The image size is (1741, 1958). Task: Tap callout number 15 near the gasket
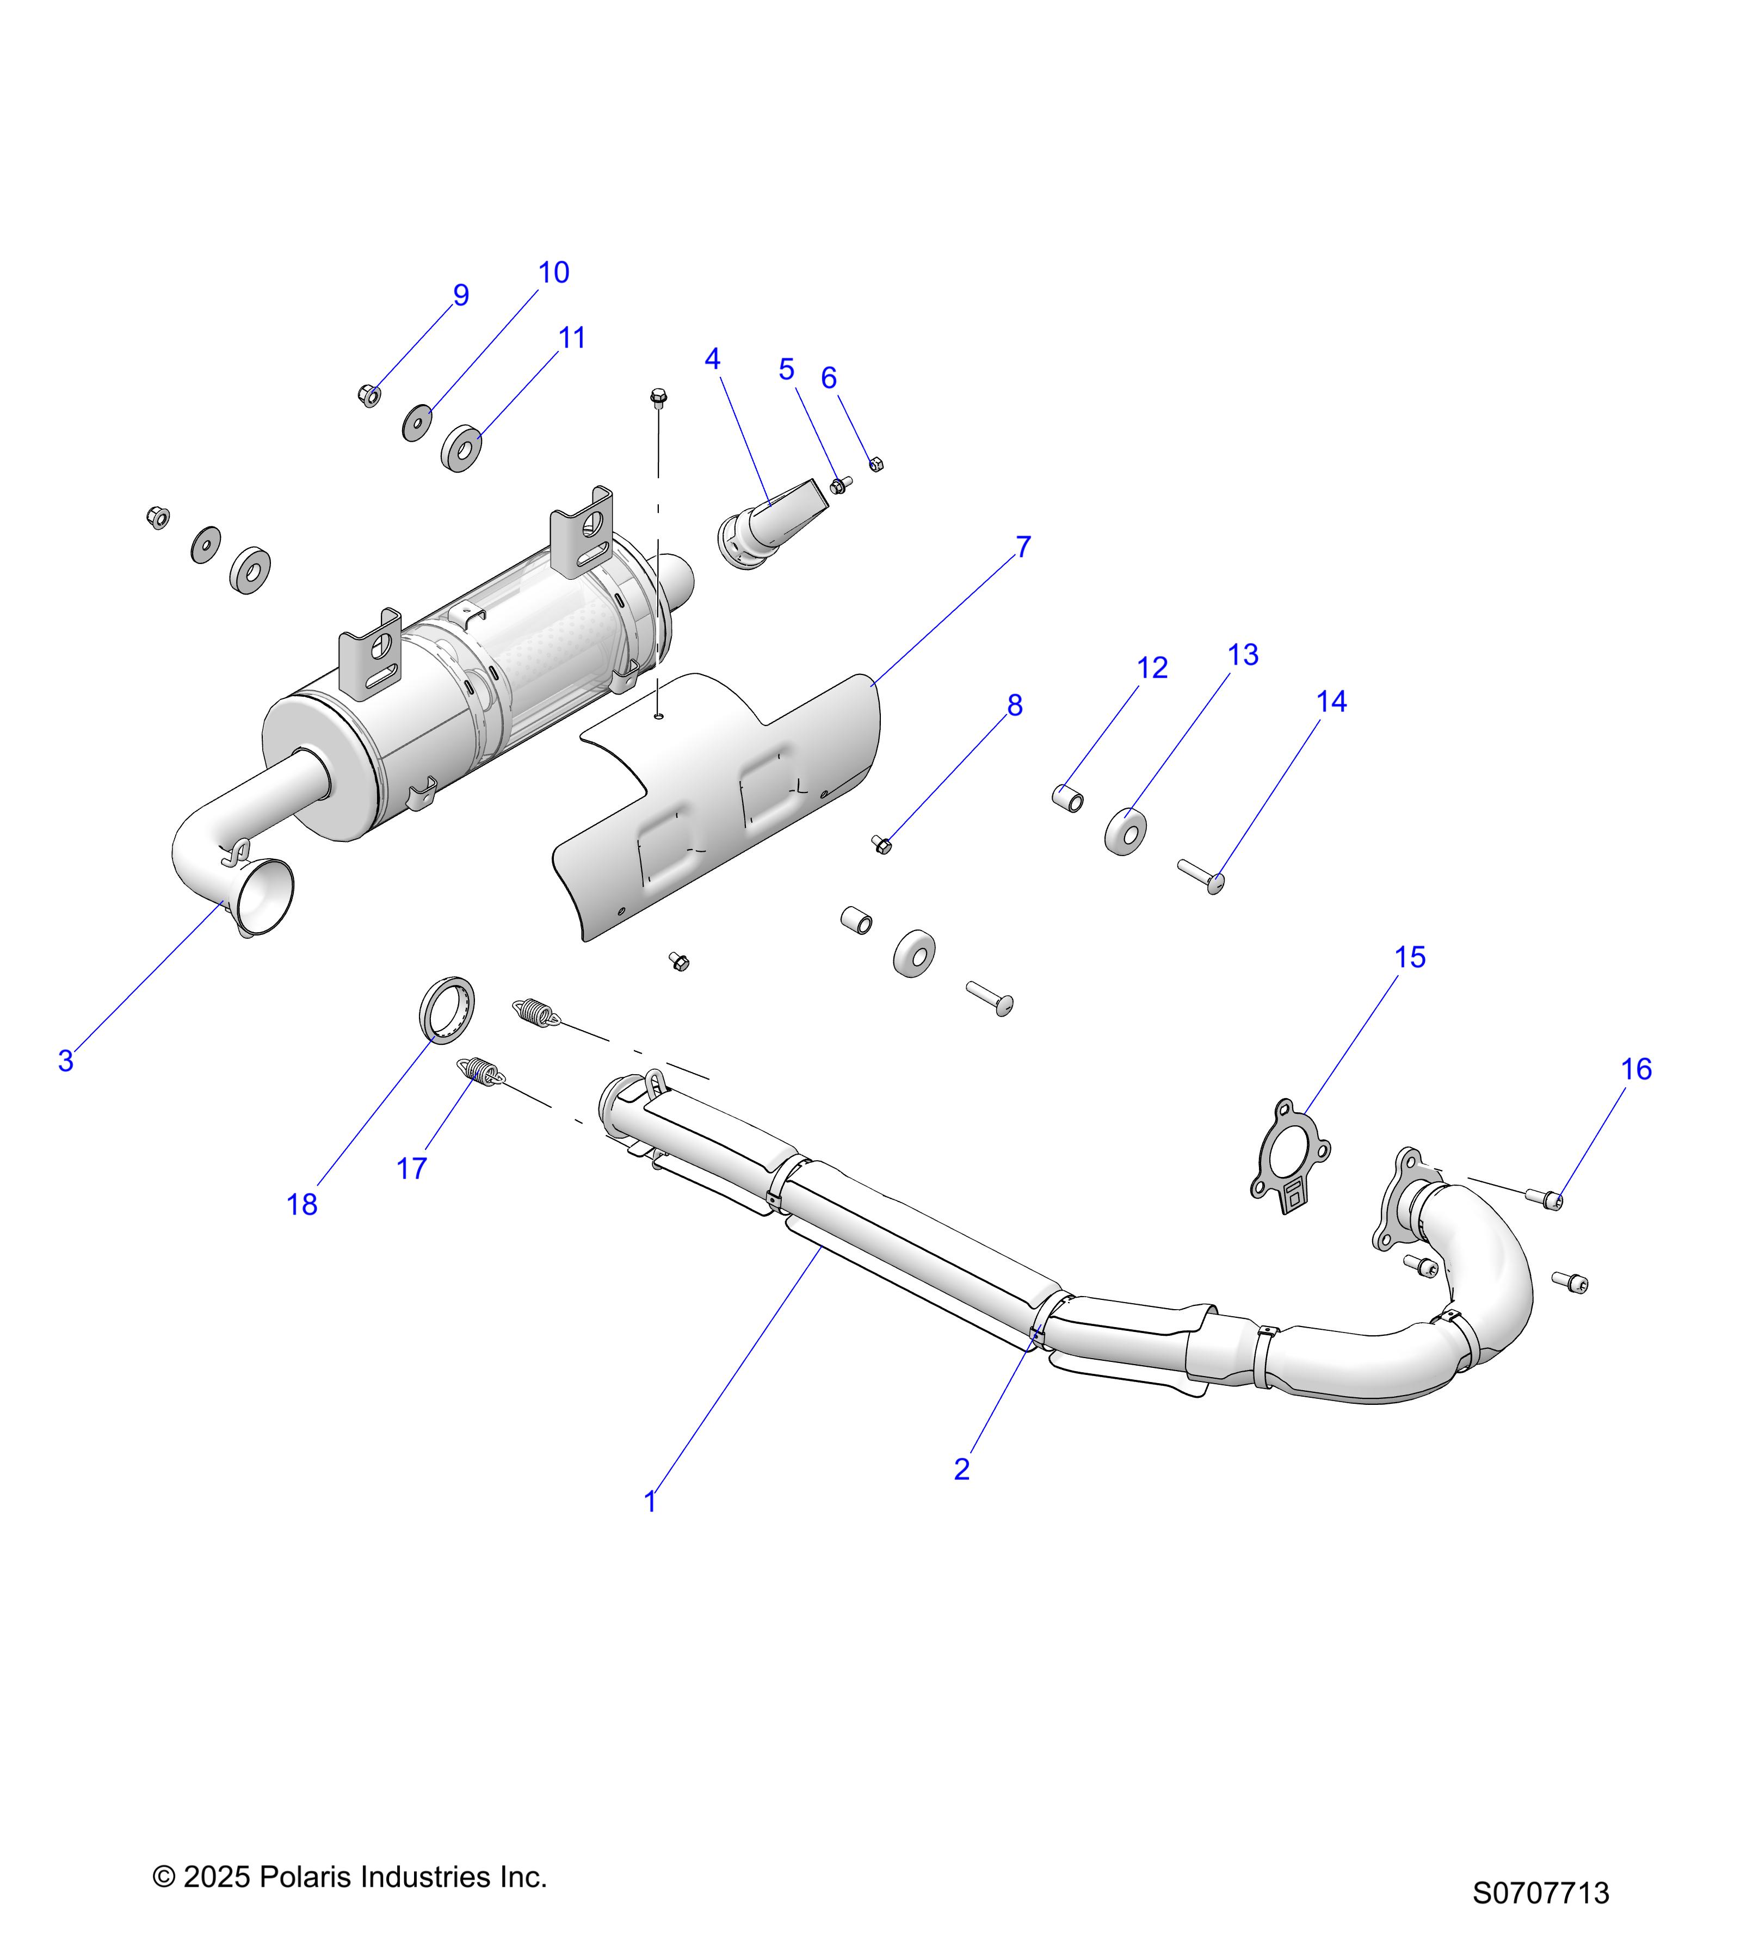[x=1410, y=957]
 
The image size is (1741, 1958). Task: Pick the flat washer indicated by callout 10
[x=416, y=423]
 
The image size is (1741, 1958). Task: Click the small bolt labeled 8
[x=881, y=844]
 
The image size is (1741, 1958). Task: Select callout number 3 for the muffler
[x=65, y=1061]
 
